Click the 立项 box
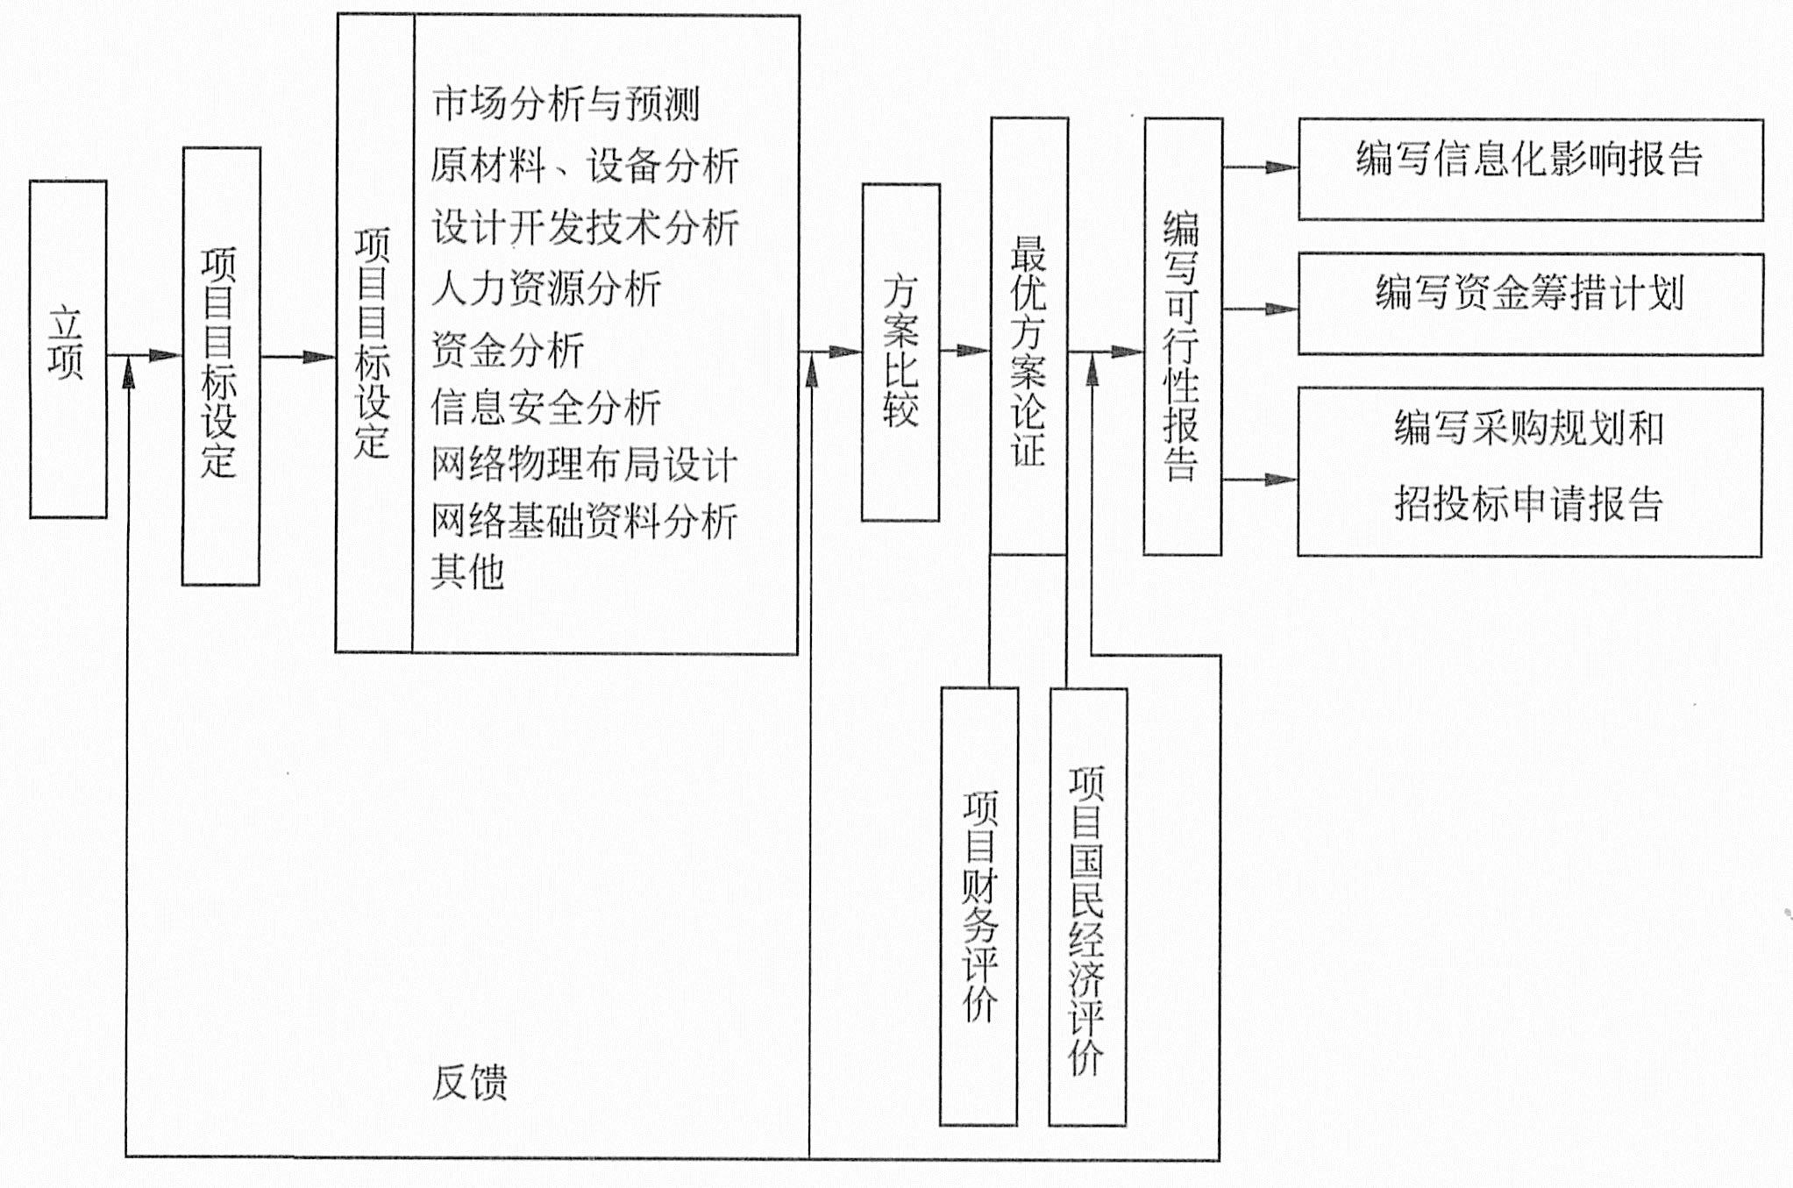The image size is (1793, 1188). [x=68, y=349]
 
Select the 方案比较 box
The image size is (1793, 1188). [x=900, y=352]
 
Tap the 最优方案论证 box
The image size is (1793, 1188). [x=1028, y=336]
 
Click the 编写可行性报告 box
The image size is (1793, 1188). [x=1183, y=336]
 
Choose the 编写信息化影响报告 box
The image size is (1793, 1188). [x=1530, y=169]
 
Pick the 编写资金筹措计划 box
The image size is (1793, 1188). [x=1530, y=304]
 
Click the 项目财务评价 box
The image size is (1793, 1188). [x=978, y=906]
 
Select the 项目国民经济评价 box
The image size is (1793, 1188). [x=1088, y=907]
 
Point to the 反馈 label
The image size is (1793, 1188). [x=470, y=1083]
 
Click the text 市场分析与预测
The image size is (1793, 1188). [x=566, y=103]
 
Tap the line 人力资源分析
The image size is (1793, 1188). [x=545, y=288]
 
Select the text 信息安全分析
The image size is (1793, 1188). [x=545, y=408]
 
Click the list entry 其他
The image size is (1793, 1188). [x=467, y=572]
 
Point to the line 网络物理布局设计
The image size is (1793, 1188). [x=584, y=465]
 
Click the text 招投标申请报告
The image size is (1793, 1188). [x=1529, y=503]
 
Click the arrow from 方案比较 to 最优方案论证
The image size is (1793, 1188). [x=965, y=351]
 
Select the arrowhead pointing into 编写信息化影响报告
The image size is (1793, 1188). [x=1282, y=167]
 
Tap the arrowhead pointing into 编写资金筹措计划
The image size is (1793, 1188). [x=1282, y=309]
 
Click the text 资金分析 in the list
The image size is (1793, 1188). [x=508, y=350]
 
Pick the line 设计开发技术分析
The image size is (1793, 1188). [x=585, y=227]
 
